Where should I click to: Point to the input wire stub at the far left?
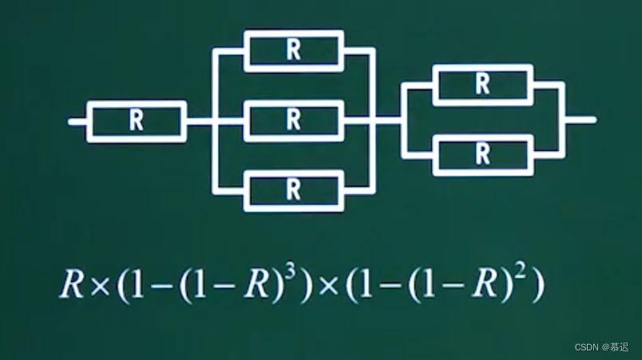(x=77, y=121)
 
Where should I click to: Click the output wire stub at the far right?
(x=581, y=120)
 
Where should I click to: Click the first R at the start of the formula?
(x=72, y=284)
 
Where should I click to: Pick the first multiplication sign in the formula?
(x=100, y=287)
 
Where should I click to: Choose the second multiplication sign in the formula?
(x=328, y=287)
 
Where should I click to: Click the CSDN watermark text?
(x=601, y=347)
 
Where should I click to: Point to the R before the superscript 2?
(x=485, y=284)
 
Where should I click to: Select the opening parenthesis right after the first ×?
(x=123, y=287)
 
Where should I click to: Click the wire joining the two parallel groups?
(x=388, y=121)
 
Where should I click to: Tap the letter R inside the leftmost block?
(x=137, y=121)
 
